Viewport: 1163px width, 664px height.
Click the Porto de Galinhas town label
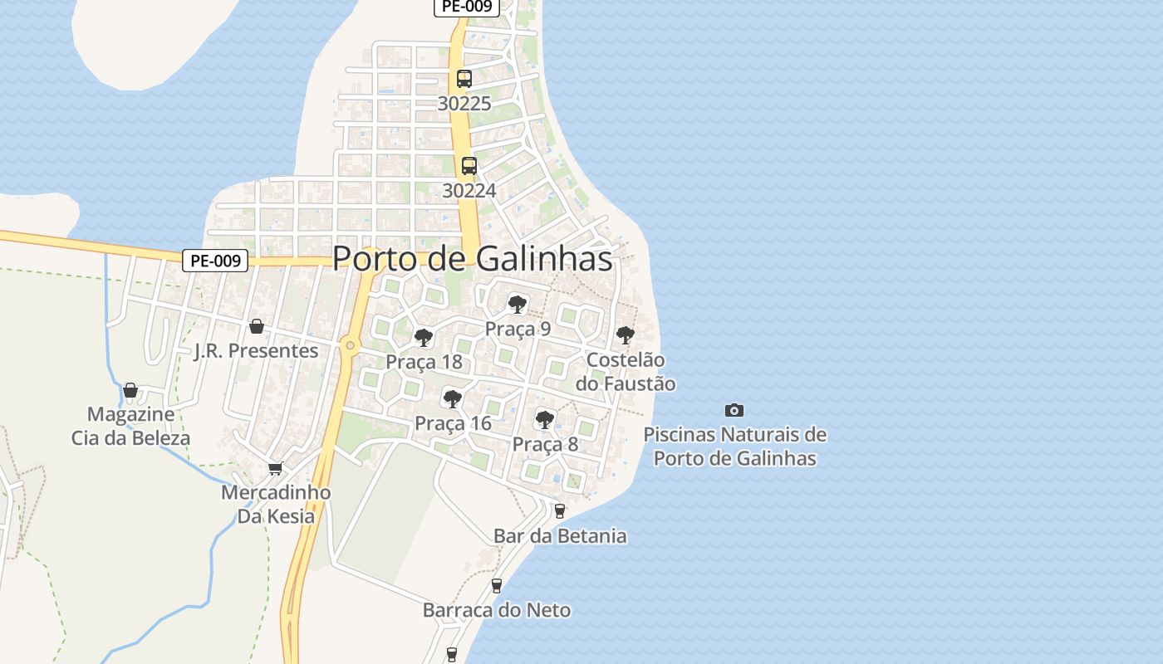472,259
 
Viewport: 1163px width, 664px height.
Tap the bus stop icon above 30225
464,79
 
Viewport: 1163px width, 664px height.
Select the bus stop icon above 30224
469,166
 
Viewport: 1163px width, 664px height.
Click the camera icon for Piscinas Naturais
734,410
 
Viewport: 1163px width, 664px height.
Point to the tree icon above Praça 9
518,305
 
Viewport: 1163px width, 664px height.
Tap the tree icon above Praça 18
424,338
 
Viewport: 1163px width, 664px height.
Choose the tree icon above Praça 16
453,399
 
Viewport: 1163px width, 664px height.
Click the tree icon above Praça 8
545,420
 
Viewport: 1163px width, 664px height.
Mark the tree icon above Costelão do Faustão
626,336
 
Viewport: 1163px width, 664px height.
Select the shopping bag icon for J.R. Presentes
257,326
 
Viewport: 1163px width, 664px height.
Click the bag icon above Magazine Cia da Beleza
130,390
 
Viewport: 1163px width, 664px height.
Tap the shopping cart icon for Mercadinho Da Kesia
275,469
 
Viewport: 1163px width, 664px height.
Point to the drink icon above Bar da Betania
560,511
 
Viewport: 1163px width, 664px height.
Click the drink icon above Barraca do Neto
497,586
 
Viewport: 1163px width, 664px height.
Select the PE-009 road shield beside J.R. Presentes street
215,261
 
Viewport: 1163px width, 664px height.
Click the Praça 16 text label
453,423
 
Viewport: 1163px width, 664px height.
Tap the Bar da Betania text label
560,536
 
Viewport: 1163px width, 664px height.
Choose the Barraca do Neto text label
497,611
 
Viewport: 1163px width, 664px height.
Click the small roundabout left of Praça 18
351,345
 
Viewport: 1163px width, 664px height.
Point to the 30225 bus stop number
464,104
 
